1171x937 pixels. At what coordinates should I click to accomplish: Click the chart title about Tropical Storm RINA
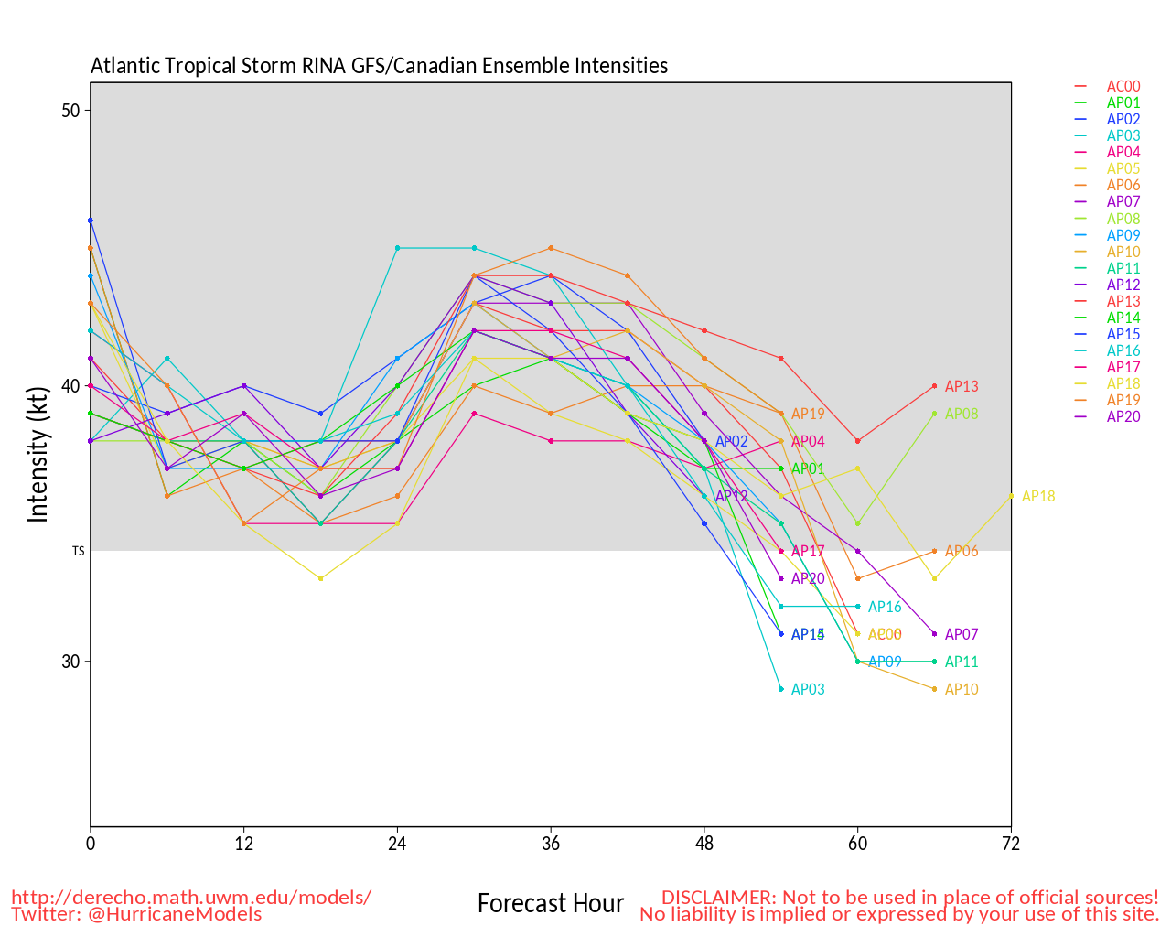[x=379, y=66]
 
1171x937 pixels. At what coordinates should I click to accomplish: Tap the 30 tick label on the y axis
[x=70, y=662]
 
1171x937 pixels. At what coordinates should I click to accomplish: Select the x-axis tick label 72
[x=1011, y=845]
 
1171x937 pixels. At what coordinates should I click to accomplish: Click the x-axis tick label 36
[x=550, y=845]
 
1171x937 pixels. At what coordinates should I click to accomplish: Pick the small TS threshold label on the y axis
[x=79, y=552]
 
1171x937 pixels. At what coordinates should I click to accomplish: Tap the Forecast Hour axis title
[x=550, y=904]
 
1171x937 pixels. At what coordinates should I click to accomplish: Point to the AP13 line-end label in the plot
[x=962, y=386]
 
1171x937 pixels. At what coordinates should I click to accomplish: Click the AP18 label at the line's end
[x=1038, y=497]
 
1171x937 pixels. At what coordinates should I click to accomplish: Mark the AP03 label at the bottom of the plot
[x=808, y=690]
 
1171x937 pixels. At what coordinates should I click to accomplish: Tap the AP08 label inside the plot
[x=962, y=415]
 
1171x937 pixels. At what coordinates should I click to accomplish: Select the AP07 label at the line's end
[x=962, y=634]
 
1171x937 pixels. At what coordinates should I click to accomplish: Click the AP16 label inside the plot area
[x=885, y=607]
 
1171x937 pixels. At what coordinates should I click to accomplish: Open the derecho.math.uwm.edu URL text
[x=191, y=898]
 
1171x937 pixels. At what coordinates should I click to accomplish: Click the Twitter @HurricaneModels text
[x=136, y=914]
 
